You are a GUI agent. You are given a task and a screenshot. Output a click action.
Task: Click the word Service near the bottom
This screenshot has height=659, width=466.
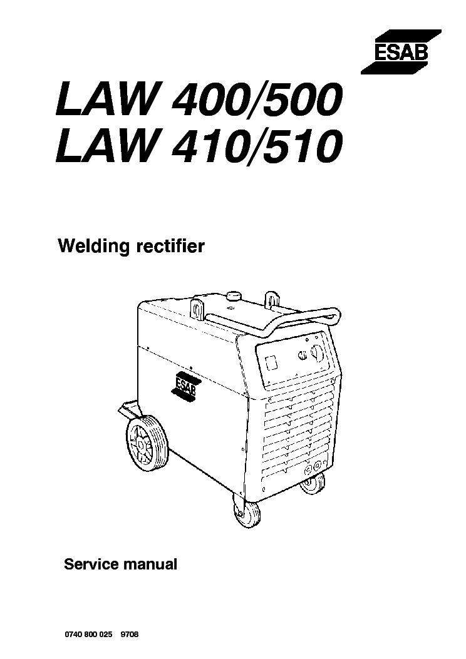click(x=90, y=564)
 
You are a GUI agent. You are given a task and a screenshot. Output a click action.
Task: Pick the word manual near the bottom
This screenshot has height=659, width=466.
click(x=150, y=564)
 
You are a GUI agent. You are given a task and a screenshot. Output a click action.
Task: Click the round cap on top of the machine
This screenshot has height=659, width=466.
click(x=235, y=295)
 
